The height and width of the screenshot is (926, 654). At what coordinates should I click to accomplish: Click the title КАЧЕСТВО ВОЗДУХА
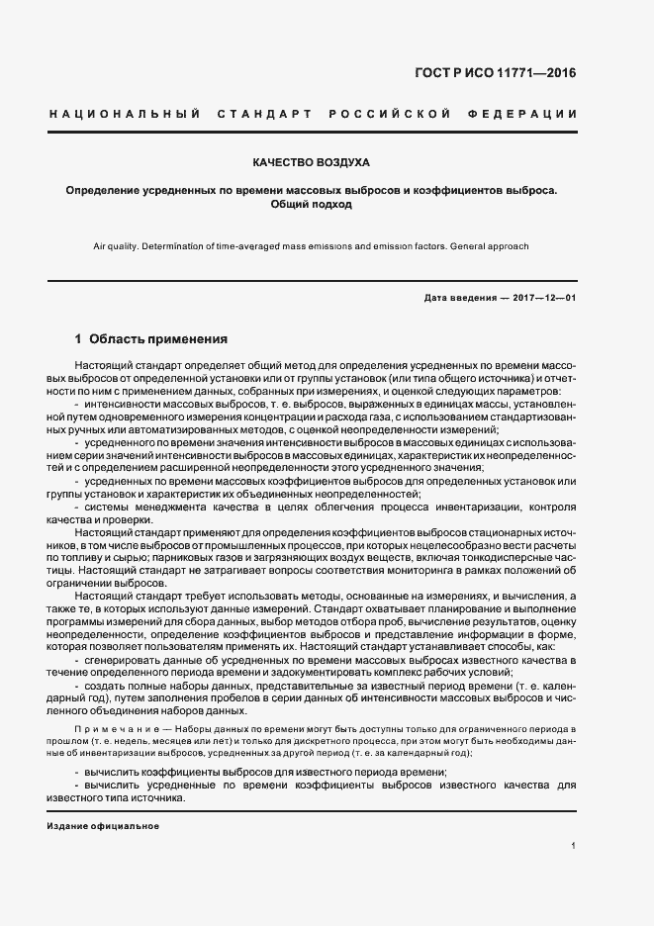click(312, 161)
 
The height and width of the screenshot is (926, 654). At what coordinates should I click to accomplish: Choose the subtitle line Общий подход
click(311, 205)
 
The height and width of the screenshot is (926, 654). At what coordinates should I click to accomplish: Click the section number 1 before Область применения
click(78, 337)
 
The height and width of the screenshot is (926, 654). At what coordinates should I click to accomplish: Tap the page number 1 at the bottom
click(574, 846)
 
